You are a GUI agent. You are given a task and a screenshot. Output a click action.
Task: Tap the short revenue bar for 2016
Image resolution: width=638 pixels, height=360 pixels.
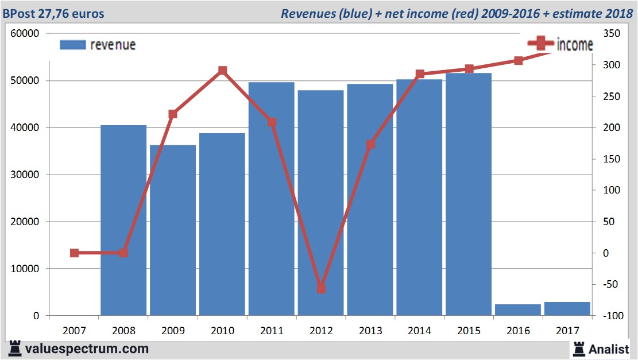point(518,309)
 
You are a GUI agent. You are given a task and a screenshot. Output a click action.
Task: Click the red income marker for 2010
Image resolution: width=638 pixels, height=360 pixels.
point(223,71)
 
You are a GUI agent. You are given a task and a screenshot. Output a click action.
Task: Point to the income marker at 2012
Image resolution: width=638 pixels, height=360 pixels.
point(321,289)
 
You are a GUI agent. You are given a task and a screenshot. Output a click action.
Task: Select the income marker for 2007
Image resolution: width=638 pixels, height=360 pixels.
point(74,253)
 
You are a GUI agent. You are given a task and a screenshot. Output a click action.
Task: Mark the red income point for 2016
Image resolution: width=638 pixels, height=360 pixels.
point(518,60)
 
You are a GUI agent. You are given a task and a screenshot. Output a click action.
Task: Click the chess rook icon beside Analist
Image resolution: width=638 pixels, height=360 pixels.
point(579,348)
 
